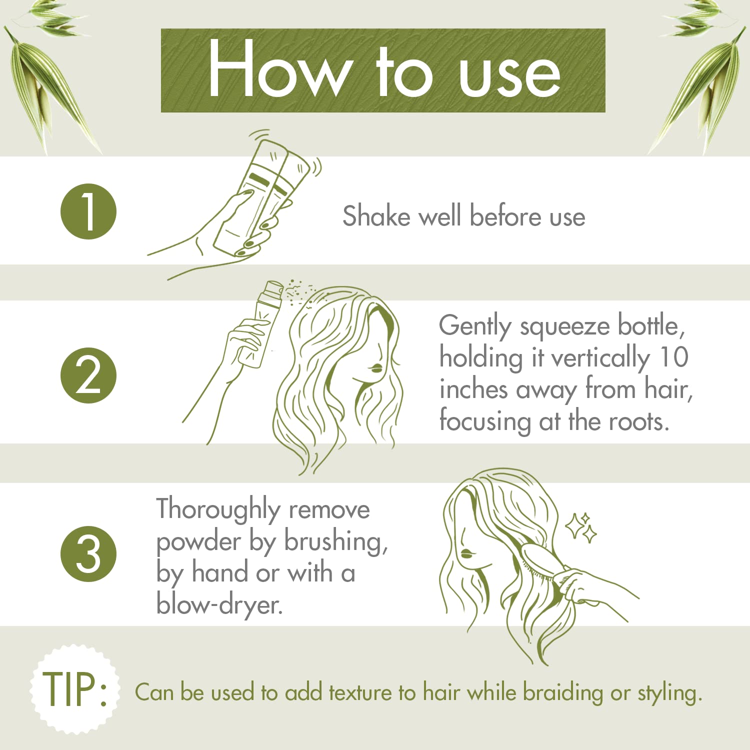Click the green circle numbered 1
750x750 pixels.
[88, 211]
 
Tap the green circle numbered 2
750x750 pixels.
[88, 375]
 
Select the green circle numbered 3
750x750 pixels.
[88, 554]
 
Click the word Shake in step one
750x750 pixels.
[376, 216]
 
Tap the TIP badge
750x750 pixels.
[75, 689]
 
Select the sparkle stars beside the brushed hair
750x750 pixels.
[581, 528]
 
